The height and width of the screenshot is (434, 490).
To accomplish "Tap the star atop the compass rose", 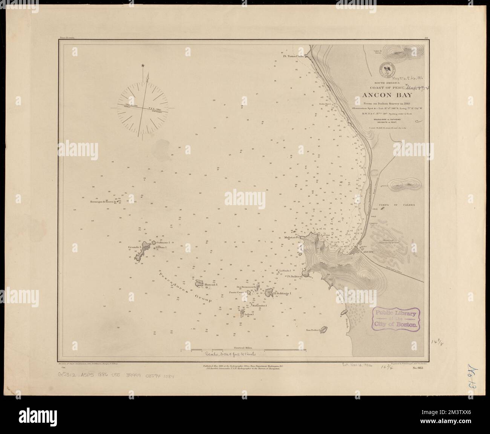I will (143, 66).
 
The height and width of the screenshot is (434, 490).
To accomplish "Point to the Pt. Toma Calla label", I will (294, 57).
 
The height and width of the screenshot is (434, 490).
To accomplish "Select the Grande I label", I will (134, 247).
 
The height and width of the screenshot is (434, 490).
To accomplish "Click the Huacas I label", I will (211, 285).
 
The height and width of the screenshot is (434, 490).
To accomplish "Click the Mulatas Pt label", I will (292, 238).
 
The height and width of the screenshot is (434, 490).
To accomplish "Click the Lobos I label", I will (249, 314).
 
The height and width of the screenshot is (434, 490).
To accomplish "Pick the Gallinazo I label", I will (164, 242).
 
